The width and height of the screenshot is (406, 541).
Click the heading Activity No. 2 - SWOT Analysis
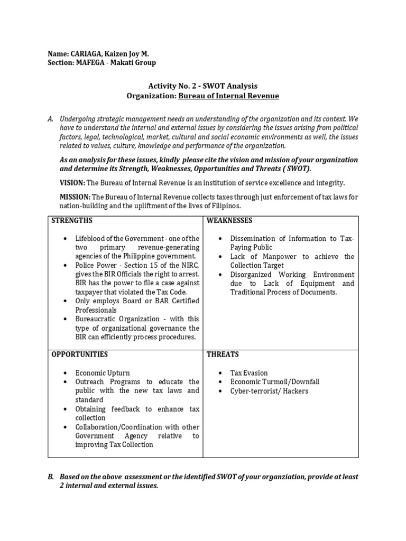[x=202, y=86]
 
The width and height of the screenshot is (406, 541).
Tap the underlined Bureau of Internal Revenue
[x=228, y=96]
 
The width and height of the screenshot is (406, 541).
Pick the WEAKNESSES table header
[x=229, y=220]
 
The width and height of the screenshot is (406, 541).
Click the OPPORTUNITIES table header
[x=79, y=354]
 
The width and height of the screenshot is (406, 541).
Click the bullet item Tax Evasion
[x=249, y=373]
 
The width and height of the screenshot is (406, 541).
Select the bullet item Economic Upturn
[x=102, y=373]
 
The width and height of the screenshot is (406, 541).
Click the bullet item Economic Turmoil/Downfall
[x=275, y=382]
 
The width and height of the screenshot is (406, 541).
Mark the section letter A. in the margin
[x=51, y=119]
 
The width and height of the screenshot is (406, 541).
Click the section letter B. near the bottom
[x=51, y=477]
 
